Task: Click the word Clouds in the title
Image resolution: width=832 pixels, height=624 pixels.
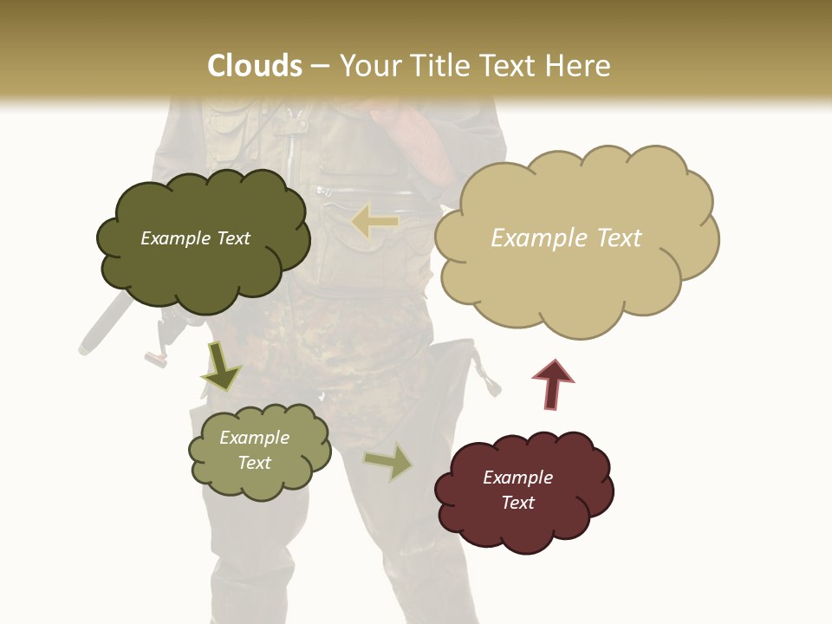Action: [x=255, y=66]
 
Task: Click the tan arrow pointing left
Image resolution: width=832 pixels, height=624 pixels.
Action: [x=375, y=222]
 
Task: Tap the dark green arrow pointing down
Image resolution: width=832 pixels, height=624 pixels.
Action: [x=220, y=366]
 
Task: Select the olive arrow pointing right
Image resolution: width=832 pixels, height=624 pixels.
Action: [x=388, y=462]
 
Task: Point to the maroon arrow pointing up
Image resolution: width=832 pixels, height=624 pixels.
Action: [x=553, y=385]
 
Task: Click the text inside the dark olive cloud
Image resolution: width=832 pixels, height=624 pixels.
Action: [x=195, y=238]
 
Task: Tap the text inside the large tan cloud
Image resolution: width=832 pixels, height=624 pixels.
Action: [x=566, y=238]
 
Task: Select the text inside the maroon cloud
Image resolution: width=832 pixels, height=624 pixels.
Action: [x=517, y=490]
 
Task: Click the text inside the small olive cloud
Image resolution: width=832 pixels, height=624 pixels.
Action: [x=254, y=450]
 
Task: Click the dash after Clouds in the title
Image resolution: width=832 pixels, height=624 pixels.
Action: [x=319, y=66]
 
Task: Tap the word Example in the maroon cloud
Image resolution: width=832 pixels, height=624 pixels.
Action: [x=517, y=478]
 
